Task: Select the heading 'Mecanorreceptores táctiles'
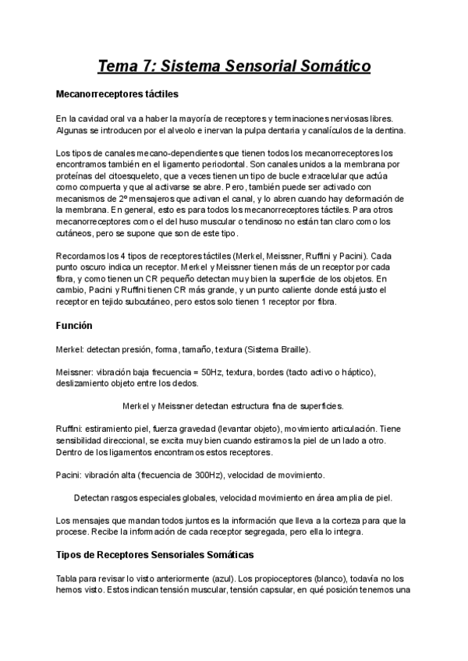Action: click(118, 94)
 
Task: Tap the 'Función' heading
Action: click(75, 324)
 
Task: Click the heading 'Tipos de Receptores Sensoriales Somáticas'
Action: click(155, 555)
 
